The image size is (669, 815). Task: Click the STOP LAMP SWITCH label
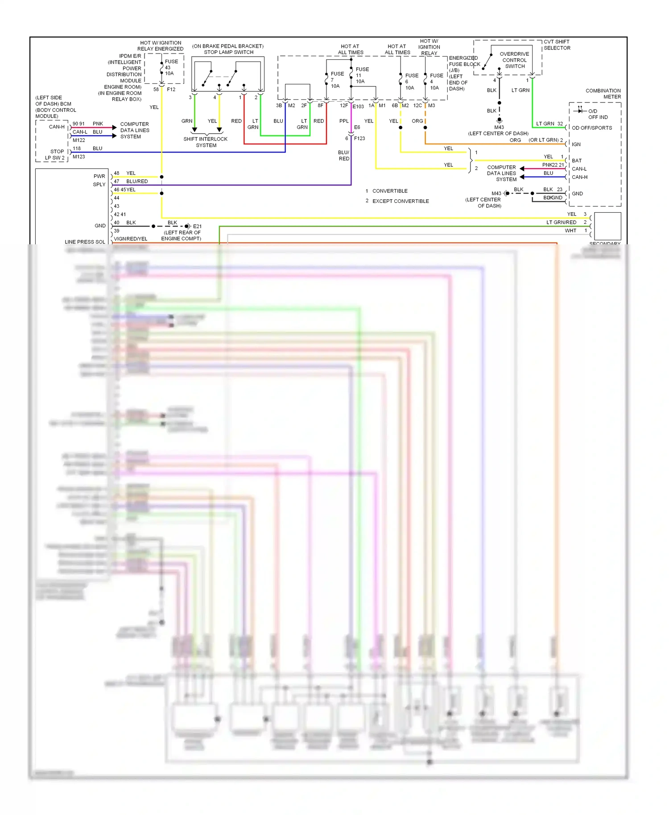tap(228, 52)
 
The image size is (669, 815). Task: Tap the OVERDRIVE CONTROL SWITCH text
tap(515, 60)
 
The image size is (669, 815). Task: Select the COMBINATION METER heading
tap(603, 94)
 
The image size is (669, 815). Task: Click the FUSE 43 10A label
tap(171, 67)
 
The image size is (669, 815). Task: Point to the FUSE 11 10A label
tap(362, 75)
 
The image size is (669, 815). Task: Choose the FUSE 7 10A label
tap(337, 80)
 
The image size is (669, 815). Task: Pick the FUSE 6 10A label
tap(411, 82)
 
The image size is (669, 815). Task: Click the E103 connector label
tap(358, 107)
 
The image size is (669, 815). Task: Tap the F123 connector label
tap(359, 139)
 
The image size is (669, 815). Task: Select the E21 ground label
tap(197, 226)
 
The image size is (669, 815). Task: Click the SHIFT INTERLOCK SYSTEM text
tap(206, 142)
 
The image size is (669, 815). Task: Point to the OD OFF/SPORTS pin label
tap(592, 128)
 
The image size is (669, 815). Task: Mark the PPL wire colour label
tap(344, 121)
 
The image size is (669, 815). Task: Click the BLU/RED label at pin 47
tap(137, 181)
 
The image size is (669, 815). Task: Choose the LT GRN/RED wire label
tap(561, 222)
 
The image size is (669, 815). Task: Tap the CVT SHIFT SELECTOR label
tap(557, 45)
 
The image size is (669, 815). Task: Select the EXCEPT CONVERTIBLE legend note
tap(401, 201)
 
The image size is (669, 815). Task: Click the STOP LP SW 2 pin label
tap(55, 155)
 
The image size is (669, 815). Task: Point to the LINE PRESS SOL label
tap(85, 242)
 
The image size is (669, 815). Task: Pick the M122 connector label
tap(79, 140)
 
